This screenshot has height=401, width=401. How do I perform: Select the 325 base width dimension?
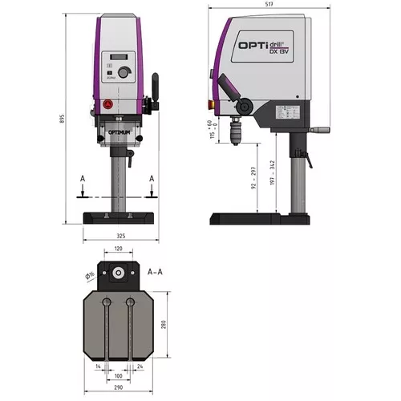click(x=119, y=236)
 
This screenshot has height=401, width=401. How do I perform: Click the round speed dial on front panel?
click(x=124, y=73)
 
